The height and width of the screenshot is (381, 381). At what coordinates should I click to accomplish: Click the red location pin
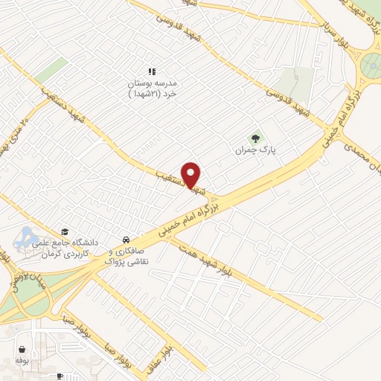tap(192, 174)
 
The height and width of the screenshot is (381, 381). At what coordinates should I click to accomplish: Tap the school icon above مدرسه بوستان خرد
tap(152, 72)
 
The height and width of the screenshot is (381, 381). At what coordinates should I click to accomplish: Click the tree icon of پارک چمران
tap(257, 138)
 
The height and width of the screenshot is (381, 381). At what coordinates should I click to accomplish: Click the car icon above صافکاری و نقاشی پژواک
tap(127, 240)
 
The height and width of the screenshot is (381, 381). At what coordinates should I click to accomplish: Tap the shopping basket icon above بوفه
tap(22, 348)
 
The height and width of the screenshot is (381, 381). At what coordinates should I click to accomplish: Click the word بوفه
tap(22, 361)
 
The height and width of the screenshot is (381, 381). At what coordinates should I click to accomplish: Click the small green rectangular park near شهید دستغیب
tap(51, 70)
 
